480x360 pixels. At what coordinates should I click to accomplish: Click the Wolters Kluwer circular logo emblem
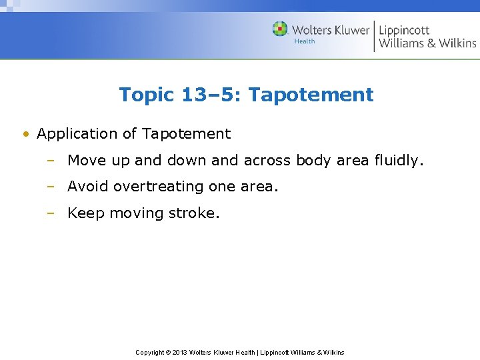tap(280, 29)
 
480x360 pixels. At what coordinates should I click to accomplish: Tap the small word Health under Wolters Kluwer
tap(305, 41)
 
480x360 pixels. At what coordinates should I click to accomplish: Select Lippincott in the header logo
tap(404, 30)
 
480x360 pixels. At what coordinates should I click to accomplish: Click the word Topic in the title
tap(146, 95)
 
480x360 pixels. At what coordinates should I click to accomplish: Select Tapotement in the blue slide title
tap(311, 95)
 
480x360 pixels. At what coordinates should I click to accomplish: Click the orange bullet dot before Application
tap(25, 134)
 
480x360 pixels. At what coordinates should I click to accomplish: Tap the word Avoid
tap(88, 187)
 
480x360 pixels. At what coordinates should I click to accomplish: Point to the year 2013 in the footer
tap(180, 352)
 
